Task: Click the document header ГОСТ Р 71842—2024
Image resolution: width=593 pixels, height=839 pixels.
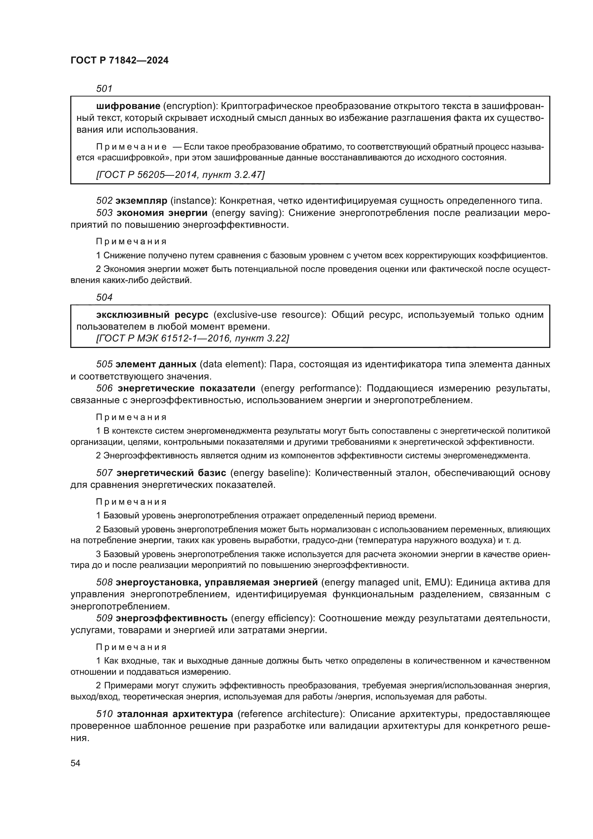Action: [119, 61]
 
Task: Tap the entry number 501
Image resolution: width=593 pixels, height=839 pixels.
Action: [104, 89]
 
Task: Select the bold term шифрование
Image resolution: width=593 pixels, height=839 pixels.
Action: [128, 106]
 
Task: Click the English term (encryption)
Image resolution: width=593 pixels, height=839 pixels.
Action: [190, 106]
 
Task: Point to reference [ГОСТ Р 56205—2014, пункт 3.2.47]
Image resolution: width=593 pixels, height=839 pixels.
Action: [180, 175]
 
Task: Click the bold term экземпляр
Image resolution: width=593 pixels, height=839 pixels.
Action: [141, 201]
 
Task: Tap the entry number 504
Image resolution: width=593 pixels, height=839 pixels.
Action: [104, 297]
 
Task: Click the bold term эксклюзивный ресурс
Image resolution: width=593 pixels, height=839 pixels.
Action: [152, 315]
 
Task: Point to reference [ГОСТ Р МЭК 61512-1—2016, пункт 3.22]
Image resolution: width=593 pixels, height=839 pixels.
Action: [192, 338]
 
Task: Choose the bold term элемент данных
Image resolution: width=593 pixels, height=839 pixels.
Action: [156, 364]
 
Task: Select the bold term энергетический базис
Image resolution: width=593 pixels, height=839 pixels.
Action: [171, 473]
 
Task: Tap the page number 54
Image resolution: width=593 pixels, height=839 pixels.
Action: [75, 763]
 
